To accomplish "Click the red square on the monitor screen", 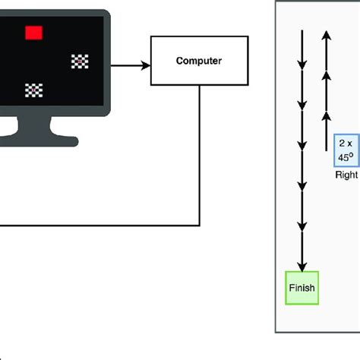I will click(x=33, y=32).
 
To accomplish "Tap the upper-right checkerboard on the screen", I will click(x=79, y=62).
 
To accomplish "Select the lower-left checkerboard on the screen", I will click(x=33, y=90).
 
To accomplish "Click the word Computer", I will click(x=198, y=60).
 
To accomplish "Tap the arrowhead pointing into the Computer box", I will click(x=147, y=65).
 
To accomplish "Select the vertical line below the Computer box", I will click(x=200, y=152).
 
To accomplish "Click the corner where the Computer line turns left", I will click(x=200, y=225).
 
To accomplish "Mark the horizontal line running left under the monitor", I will click(x=99, y=225).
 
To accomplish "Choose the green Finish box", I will click(x=302, y=288).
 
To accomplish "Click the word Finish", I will click(x=302, y=288).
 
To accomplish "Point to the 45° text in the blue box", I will click(x=347, y=157).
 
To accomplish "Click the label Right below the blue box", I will click(x=346, y=175).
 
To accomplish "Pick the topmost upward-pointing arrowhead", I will click(x=326, y=34).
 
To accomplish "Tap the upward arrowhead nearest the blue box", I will click(x=326, y=116).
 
